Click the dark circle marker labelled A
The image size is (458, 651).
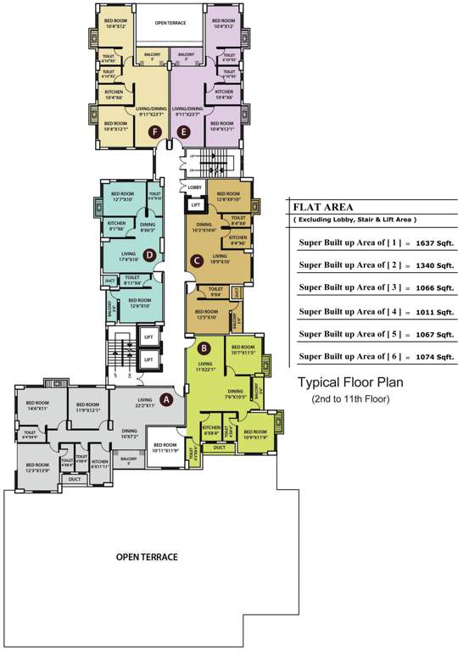click(166, 397)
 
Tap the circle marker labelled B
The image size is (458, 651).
click(204, 347)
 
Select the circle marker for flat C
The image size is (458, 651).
click(196, 260)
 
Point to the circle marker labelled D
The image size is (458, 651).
click(148, 253)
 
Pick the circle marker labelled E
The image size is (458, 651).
click(186, 131)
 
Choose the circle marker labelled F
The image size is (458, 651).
click(154, 131)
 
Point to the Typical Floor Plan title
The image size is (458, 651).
click(349, 382)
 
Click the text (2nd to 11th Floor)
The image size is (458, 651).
click(349, 398)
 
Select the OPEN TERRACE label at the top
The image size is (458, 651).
click(171, 24)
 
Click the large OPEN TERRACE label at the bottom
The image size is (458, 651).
click(148, 557)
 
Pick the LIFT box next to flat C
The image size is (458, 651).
click(195, 204)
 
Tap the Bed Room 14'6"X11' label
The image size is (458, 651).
click(36, 406)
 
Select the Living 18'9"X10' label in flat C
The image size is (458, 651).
click(221, 258)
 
